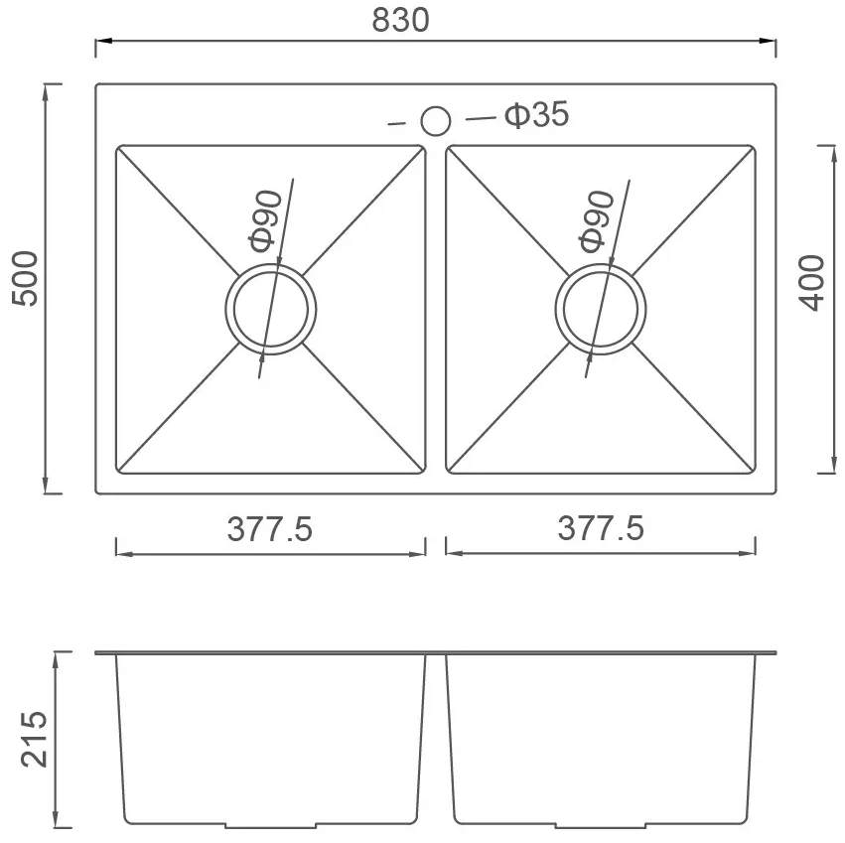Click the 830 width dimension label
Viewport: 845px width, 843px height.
400,20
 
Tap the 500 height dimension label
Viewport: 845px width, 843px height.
26,279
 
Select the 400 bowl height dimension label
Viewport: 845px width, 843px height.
812,283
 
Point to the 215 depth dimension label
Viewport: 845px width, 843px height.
34,739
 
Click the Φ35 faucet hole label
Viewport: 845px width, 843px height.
537,114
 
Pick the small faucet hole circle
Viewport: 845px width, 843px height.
436,121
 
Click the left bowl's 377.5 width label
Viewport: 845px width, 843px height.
269,529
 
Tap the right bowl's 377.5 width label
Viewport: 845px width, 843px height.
601,527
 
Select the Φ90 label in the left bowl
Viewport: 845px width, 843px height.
266,221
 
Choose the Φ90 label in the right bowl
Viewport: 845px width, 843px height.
597,221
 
